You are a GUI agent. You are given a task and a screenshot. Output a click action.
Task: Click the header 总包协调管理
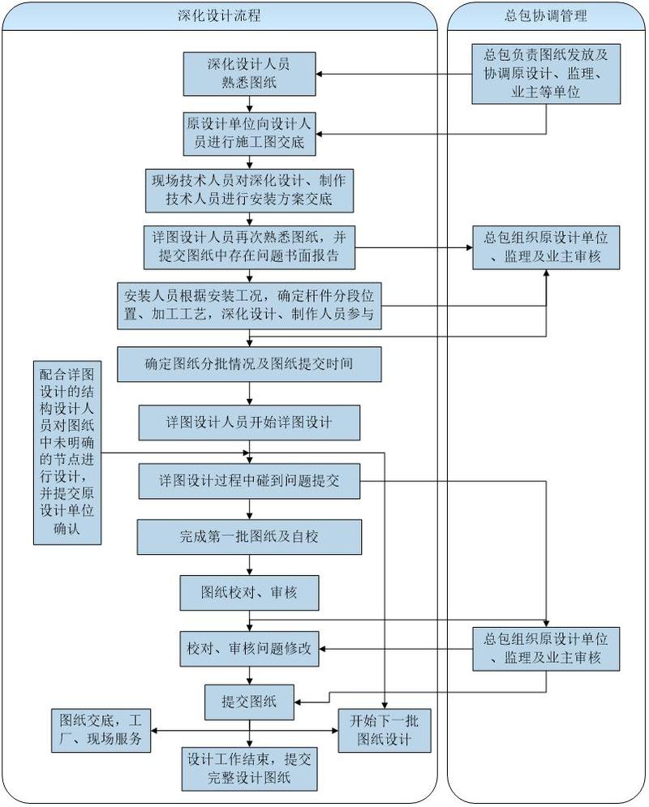coord(546,15)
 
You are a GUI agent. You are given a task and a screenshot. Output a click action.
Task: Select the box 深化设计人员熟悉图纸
coord(249,74)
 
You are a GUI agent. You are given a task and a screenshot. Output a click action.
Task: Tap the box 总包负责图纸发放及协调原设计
coord(546,74)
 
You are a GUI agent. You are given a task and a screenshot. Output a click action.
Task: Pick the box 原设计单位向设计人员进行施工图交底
coord(249,134)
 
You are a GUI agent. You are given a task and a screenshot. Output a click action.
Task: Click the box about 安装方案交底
coord(249,190)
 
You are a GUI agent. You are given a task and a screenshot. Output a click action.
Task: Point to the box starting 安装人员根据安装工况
coord(249,306)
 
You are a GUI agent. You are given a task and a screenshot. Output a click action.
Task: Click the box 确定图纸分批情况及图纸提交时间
coord(249,364)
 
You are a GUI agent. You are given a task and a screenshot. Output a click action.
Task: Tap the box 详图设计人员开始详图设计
coord(249,423)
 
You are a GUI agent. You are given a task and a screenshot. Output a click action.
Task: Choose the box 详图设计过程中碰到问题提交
coord(249,481)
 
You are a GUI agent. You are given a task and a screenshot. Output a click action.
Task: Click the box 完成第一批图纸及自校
coord(249,537)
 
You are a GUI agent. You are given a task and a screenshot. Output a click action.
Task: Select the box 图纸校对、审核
coord(249,593)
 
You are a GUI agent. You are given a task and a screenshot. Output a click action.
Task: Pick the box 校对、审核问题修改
coord(249,649)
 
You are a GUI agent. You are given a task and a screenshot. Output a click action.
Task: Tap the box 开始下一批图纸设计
coord(384,730)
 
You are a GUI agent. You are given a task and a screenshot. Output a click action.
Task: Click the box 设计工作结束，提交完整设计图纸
coord(249,769)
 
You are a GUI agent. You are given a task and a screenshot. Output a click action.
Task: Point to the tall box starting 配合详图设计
coord(67,453)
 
